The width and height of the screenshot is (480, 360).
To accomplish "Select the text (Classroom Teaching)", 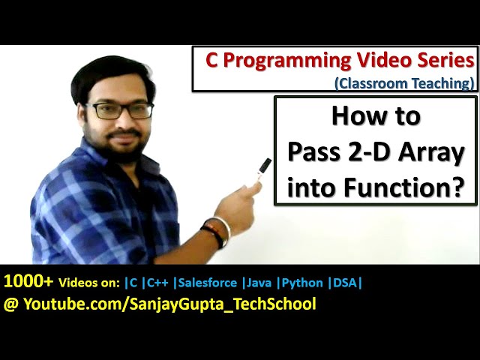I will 404,82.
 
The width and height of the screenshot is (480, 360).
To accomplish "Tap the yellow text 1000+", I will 28,282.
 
